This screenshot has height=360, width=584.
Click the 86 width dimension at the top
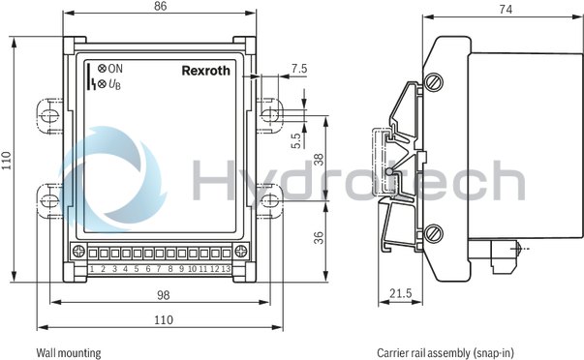click(163, 6)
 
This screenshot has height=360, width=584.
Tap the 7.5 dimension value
click(299, 69)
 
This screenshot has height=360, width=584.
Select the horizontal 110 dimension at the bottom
click(163, 319)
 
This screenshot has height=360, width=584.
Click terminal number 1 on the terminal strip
click(92, 268)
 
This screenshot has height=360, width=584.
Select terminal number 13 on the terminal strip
click(225, 268)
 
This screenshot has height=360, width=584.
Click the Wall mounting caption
click(68, 353)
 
